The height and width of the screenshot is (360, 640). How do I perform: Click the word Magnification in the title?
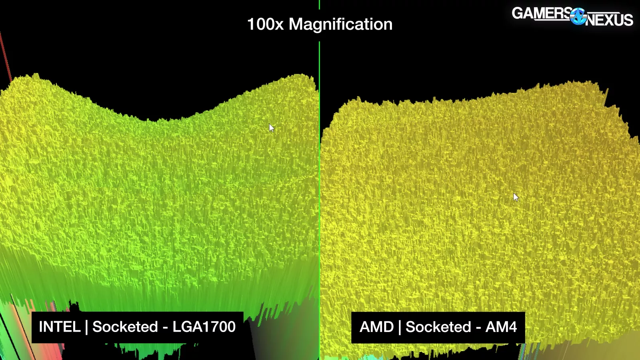click(x=340, y=24)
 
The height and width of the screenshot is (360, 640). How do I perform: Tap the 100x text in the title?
click(x=265, y=24)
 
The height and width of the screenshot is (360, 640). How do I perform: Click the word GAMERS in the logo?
click(x=541, y=13)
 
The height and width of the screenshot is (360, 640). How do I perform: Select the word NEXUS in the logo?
click(x=609, y=20)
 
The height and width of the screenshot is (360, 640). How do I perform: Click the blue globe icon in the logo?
click(x=578, y=16)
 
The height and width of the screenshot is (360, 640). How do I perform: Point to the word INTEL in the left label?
click(x=60, y=327)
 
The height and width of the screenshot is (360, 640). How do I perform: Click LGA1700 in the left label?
click(x=204, y=327)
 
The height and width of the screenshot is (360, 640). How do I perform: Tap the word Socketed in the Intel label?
click(x=125, y=327)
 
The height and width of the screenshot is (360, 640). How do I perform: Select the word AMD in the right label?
click(x=376, y=327)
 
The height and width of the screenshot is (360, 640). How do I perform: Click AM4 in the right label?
click(x=501, y=327)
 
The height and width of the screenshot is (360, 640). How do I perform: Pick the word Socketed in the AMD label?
click(x=438, y=327)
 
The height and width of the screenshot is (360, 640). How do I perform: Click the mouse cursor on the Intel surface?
click(x=272, y=128)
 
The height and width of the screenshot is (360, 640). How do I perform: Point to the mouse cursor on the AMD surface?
click(x=516, y=197)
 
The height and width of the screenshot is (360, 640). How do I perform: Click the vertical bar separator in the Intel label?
click(x=86, y=327)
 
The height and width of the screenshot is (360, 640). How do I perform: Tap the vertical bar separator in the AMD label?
click(x=400, y=327)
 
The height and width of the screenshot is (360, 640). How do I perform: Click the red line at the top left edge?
click(x=5, y=56)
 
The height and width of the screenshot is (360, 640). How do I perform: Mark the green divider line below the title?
click(x=319, y=160)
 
